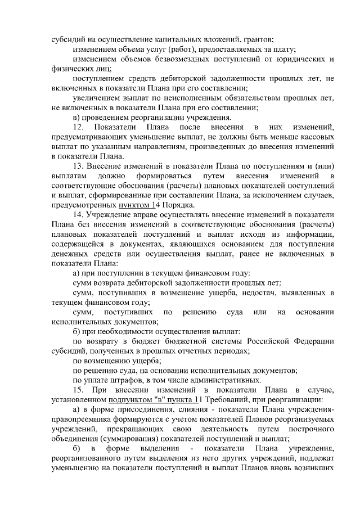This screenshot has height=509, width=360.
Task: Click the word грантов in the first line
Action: pyautogui.click(x=258, y=40)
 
